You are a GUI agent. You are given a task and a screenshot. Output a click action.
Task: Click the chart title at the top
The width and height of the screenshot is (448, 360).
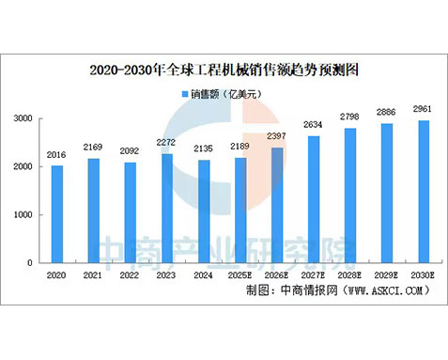[x=224, y=70]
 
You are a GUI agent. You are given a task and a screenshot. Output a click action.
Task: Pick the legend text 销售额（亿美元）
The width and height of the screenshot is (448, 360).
[x=229, y=95]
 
